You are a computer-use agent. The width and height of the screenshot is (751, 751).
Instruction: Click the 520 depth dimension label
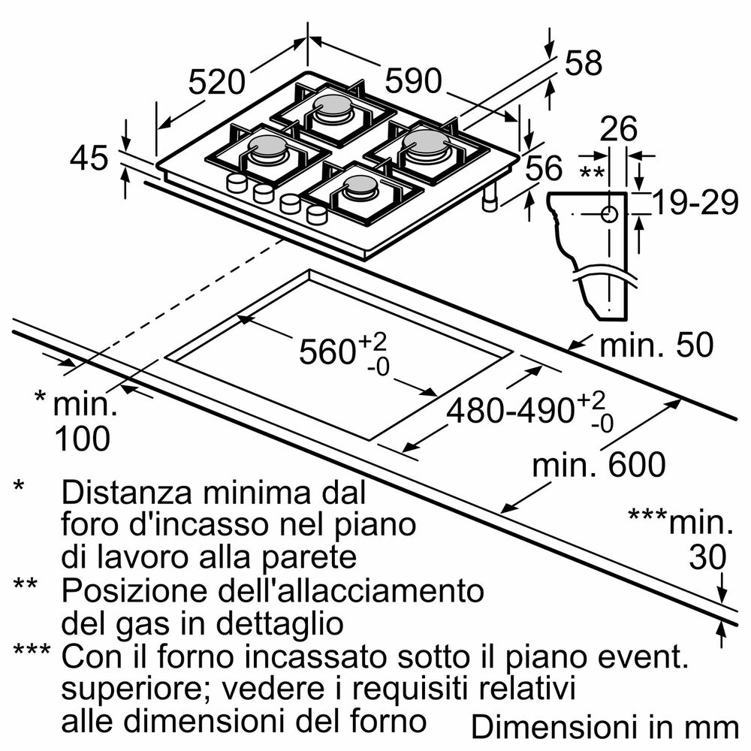click(217, 81)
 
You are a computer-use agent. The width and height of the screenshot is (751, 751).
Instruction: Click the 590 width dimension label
click(413, 81)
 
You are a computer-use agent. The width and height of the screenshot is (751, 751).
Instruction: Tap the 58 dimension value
click(583, 64)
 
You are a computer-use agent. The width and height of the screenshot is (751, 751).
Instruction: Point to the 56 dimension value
click(543, 169)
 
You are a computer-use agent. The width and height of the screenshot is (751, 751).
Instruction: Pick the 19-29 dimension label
click(695, 203)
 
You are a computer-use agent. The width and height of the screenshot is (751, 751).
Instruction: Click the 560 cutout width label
click(327, 352)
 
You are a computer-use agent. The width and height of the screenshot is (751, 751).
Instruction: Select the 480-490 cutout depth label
click(511, 411)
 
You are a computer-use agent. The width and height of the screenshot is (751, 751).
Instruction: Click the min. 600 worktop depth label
click(599, 465)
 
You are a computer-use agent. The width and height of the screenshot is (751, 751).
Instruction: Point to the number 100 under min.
click(83, 438)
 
